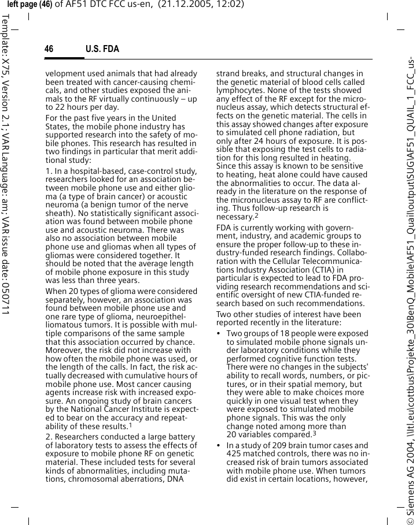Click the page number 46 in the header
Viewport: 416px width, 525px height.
tap(49, 49)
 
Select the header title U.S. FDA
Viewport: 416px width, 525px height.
tap(102, 49)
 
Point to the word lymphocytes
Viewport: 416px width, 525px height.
tap(238, 91)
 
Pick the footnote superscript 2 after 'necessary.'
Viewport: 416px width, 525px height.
tap(256, 216)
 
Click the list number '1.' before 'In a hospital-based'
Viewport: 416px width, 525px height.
tap(49, 171)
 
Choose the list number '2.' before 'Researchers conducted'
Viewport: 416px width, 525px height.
tap(49, 437)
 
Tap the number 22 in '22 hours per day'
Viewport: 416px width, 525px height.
tap(61, 107)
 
